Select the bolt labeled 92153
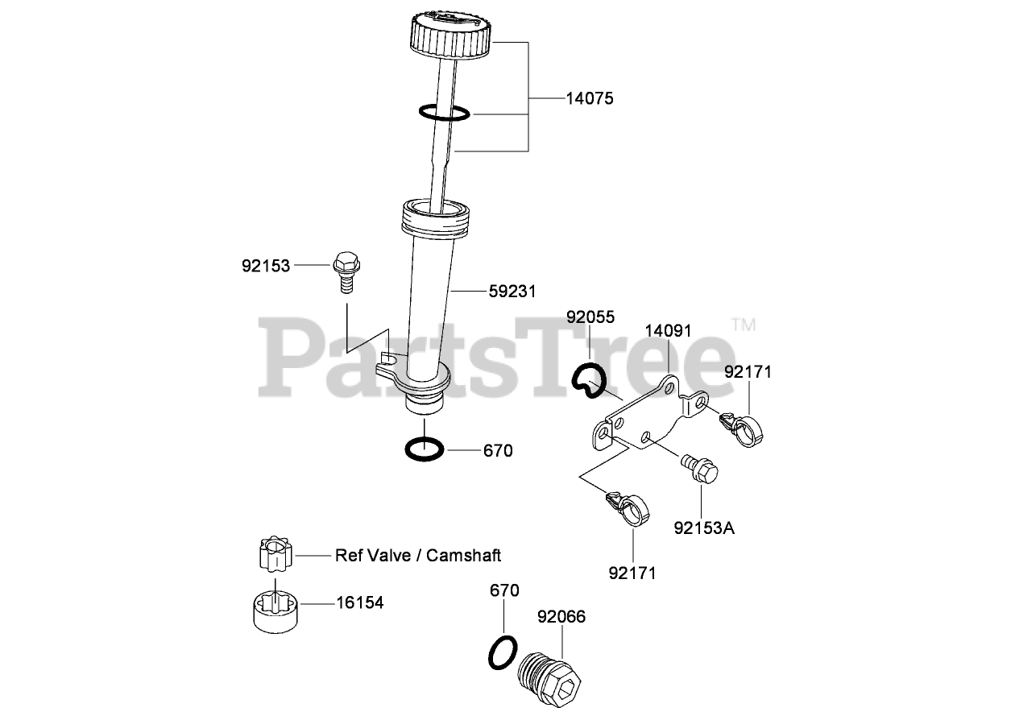346,273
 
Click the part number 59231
512,290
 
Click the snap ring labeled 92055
587,379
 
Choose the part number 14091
668,330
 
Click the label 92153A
705,528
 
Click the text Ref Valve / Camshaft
418,555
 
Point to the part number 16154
359,602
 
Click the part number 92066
561,617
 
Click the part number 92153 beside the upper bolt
266,264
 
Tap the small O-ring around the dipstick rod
444,113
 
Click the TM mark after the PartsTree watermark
744,325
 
